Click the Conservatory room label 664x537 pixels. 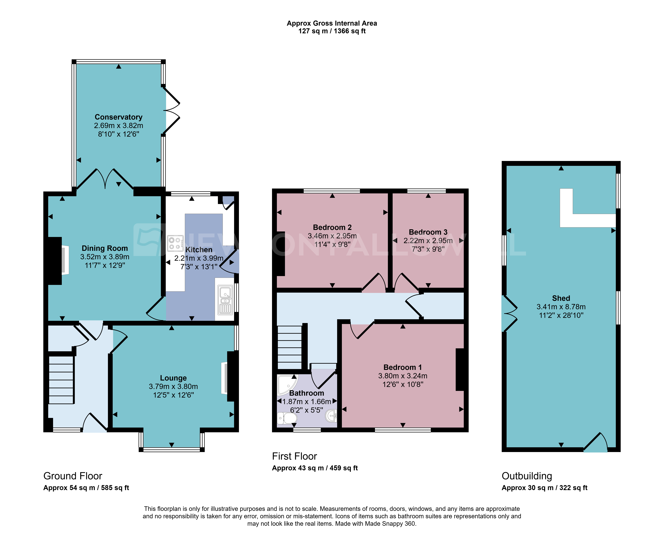click(118, 117)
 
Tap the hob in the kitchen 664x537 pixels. click(175, 243)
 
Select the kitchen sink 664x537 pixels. click(225, 300)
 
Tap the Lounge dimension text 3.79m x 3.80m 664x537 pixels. click(173, 386)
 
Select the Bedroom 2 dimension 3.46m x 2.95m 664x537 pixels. click(332, 236)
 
